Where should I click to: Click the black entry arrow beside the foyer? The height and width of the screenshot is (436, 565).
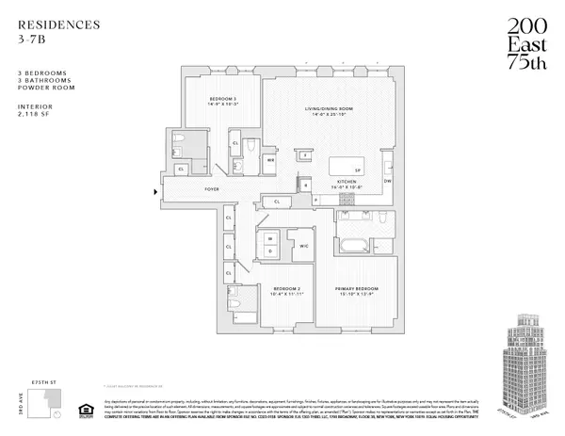pos(155,193)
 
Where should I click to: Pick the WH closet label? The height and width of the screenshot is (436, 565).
pos(271,160)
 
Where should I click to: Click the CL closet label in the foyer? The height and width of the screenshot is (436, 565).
pos(278,202)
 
